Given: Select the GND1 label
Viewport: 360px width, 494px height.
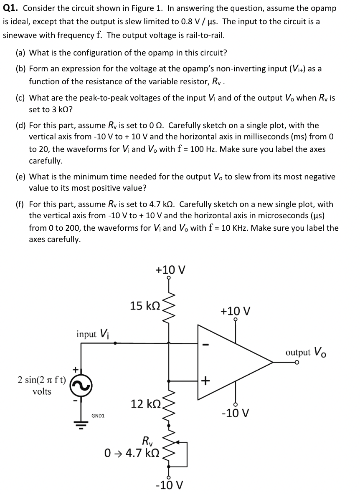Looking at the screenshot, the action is click(x=98, y=416).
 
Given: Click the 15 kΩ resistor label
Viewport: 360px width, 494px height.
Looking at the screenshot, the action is click(x=145, y=306).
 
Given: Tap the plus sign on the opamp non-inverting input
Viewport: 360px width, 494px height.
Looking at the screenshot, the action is click(x=205, y=381).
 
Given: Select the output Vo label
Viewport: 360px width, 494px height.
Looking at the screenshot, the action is click(x=306, y=352).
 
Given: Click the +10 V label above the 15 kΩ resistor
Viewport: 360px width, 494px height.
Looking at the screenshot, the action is click(x=170, y=270).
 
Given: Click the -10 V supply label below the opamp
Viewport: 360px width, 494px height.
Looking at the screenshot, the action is click(x=236, y=413).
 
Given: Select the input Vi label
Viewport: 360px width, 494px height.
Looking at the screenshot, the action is click(x=92, y=334).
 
